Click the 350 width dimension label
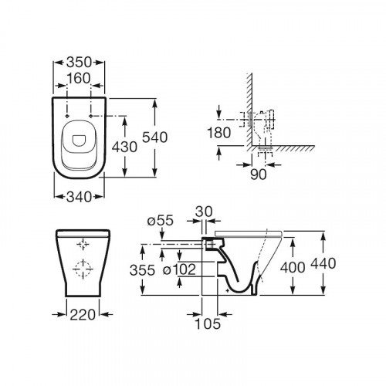(79, 62)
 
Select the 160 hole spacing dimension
(79, 78)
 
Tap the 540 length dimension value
(155, 137)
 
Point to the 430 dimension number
(124, 147)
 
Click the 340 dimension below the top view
(79, 197)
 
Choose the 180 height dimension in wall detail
(219, 133)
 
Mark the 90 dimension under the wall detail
(259, 174)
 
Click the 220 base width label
(83, 314)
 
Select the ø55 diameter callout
(160, 221)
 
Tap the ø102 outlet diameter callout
(179, 269)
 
